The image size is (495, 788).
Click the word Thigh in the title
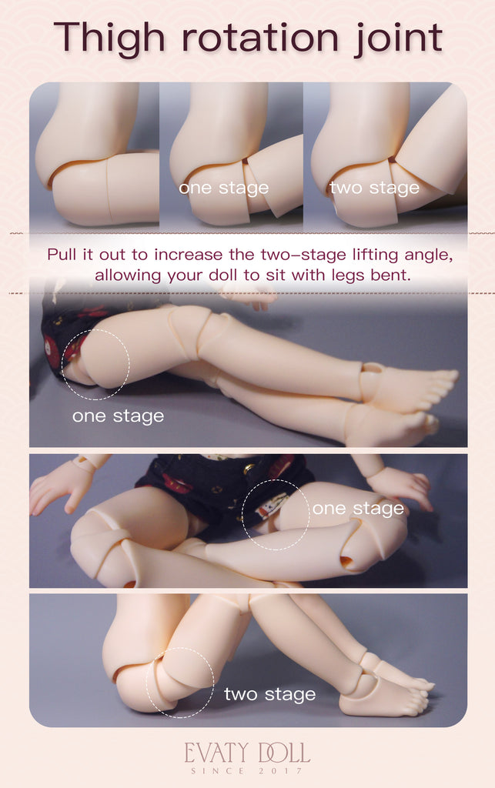click(109, 39)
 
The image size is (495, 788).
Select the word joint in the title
click(399, 39)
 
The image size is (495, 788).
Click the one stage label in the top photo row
click(223, 188)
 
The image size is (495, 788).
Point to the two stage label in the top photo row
click(374, 188)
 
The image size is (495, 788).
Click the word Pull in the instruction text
click(62, 254)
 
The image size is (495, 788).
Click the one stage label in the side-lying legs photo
click(118, 416)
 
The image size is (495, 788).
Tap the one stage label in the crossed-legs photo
click(358, 509)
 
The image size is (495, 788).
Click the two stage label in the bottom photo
click(270, 695)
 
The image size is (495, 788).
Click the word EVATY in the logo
click(216, 753)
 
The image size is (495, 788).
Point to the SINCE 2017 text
click(247, 771)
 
